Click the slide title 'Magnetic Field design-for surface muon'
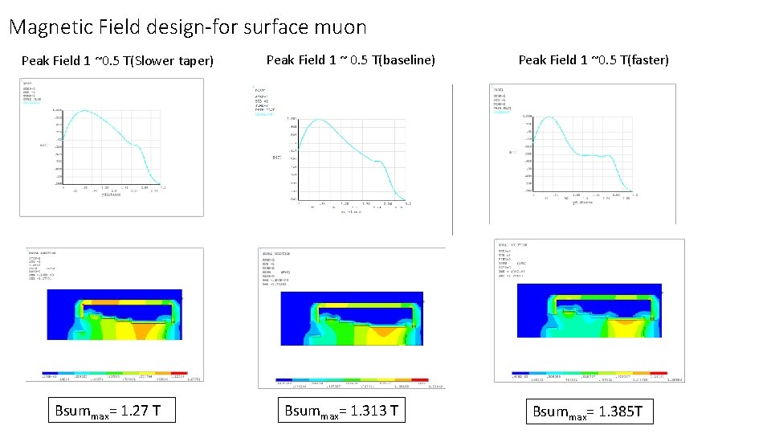pyautogui.click(x=187, y=27)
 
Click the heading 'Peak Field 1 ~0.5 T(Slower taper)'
pyautogui.click(x=117, y=60)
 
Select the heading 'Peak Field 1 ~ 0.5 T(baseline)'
pyautogui.click(x=350, y=59)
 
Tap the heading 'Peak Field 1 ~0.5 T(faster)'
pyautogui.click(x=594, y=59)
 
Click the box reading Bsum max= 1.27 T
pyautogui.click(x=107, y=412)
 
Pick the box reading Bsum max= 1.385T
pyautogui.click(x=588, y=412)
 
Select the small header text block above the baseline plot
pyautogui.click(x=264, y=101)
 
